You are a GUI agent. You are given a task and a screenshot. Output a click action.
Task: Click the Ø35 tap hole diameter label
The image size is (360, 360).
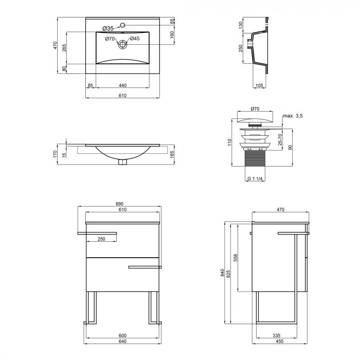107,28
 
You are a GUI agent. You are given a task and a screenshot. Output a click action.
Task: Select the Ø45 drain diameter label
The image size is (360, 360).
135,39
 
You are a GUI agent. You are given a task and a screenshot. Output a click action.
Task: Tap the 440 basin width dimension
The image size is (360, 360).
122,85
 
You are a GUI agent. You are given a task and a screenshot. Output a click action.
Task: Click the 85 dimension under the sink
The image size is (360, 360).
90,85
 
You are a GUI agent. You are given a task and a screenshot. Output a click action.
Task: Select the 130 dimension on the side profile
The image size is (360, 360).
241,24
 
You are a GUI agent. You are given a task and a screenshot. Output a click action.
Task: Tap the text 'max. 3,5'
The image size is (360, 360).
292,116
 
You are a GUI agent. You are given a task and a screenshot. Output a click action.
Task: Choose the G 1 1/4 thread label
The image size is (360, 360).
255,178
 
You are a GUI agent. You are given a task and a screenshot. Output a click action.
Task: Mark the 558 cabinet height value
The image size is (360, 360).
237,258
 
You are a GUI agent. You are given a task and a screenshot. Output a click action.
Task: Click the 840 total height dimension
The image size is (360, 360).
222,274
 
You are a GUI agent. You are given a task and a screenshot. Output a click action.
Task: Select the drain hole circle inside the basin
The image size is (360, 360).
123,45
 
